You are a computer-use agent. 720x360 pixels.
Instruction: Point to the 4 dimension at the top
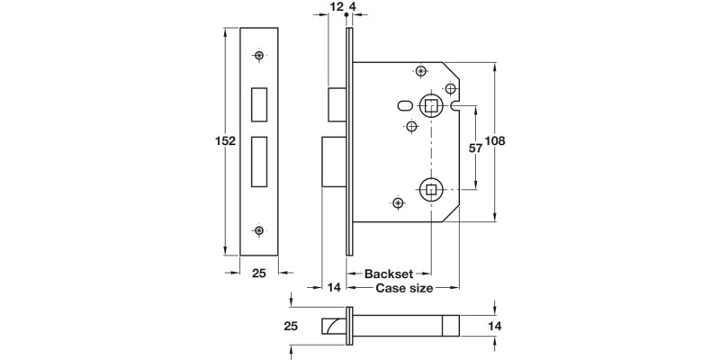(x=355, y=8)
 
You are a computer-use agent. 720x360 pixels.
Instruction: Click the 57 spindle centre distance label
(x=476, y=148)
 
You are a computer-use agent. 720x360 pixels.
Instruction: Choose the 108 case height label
(x=497, y=141)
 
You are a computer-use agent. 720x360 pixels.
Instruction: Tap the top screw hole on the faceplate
(x=259, y=57)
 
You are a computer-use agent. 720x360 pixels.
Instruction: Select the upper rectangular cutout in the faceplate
(x=259, y=104)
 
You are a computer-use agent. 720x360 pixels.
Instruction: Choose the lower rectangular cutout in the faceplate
(x=259, y=159)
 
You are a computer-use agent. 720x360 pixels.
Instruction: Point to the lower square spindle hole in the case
(x=431, y=189)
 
